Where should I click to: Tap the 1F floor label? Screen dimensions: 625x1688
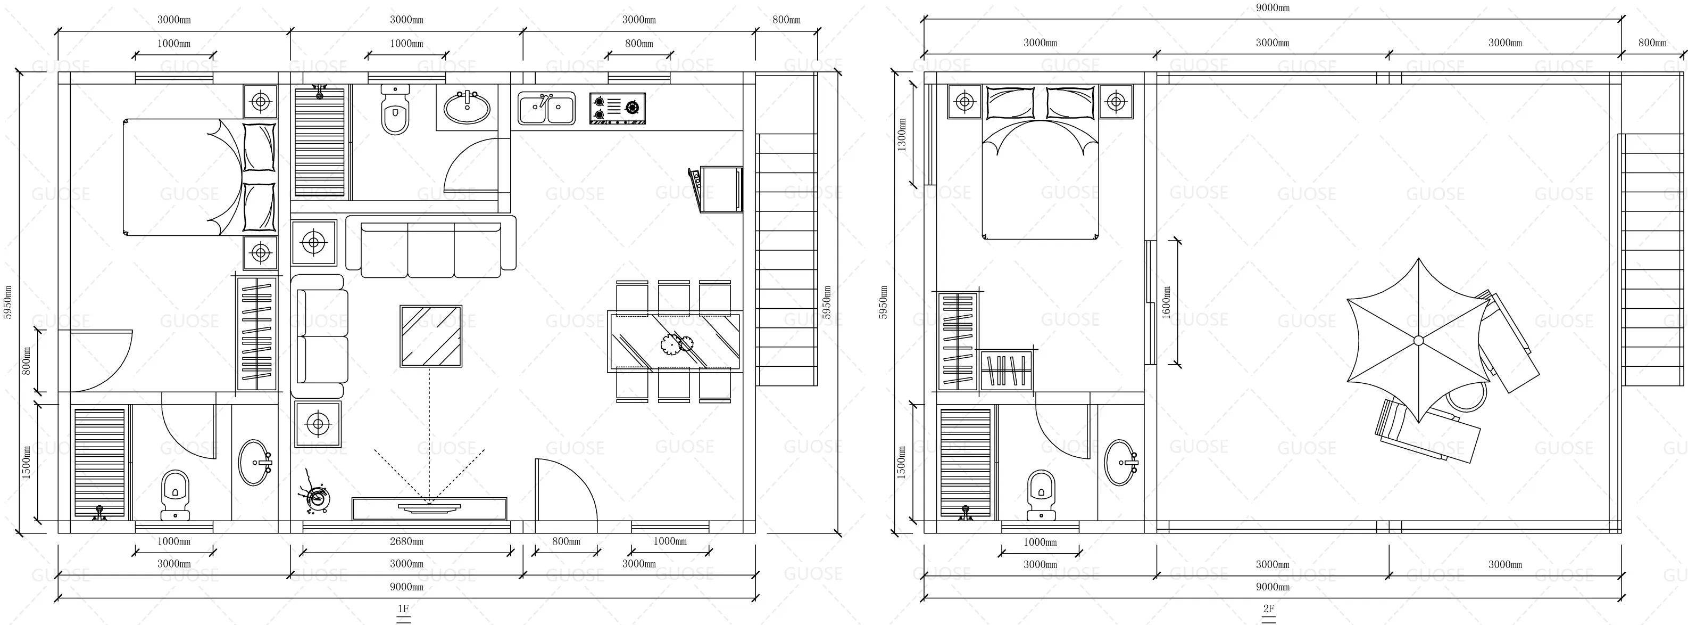click(x=403, y=608)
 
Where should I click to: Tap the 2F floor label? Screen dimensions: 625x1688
click(x=1269, y=608)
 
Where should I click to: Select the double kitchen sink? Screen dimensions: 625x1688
click(x=546, y=108)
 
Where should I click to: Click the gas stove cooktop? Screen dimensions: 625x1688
click(x=617, y=108)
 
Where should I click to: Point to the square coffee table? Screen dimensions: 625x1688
click(x=430, y=336)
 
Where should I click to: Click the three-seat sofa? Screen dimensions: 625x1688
click(x=430, y=250)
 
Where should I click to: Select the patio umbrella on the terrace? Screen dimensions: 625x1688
click(x=1418, y=340)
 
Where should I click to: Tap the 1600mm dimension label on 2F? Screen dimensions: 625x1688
click(x=1167, y=302)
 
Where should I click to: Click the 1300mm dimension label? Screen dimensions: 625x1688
click(x=902, y=135)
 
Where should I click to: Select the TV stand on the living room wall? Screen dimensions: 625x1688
click(x=429, y=508)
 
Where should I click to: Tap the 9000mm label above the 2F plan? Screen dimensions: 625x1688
click(x=1272, y=7)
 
